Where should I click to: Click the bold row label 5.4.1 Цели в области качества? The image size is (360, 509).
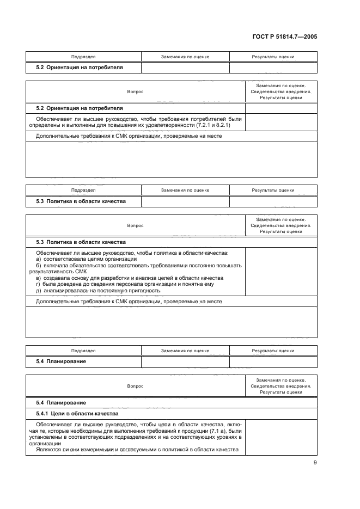coord(73,414)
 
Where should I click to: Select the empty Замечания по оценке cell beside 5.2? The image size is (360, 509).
coord(185,68)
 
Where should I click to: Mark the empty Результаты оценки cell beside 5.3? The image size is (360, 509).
coord(273,201)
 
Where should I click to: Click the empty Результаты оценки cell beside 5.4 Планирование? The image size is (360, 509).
coord(273,361)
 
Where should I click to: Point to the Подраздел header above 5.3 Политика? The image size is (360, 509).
coord(83,191)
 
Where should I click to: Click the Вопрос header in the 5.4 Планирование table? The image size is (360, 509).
coord(135,386)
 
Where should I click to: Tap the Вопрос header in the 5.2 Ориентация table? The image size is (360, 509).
coord(135,91)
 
